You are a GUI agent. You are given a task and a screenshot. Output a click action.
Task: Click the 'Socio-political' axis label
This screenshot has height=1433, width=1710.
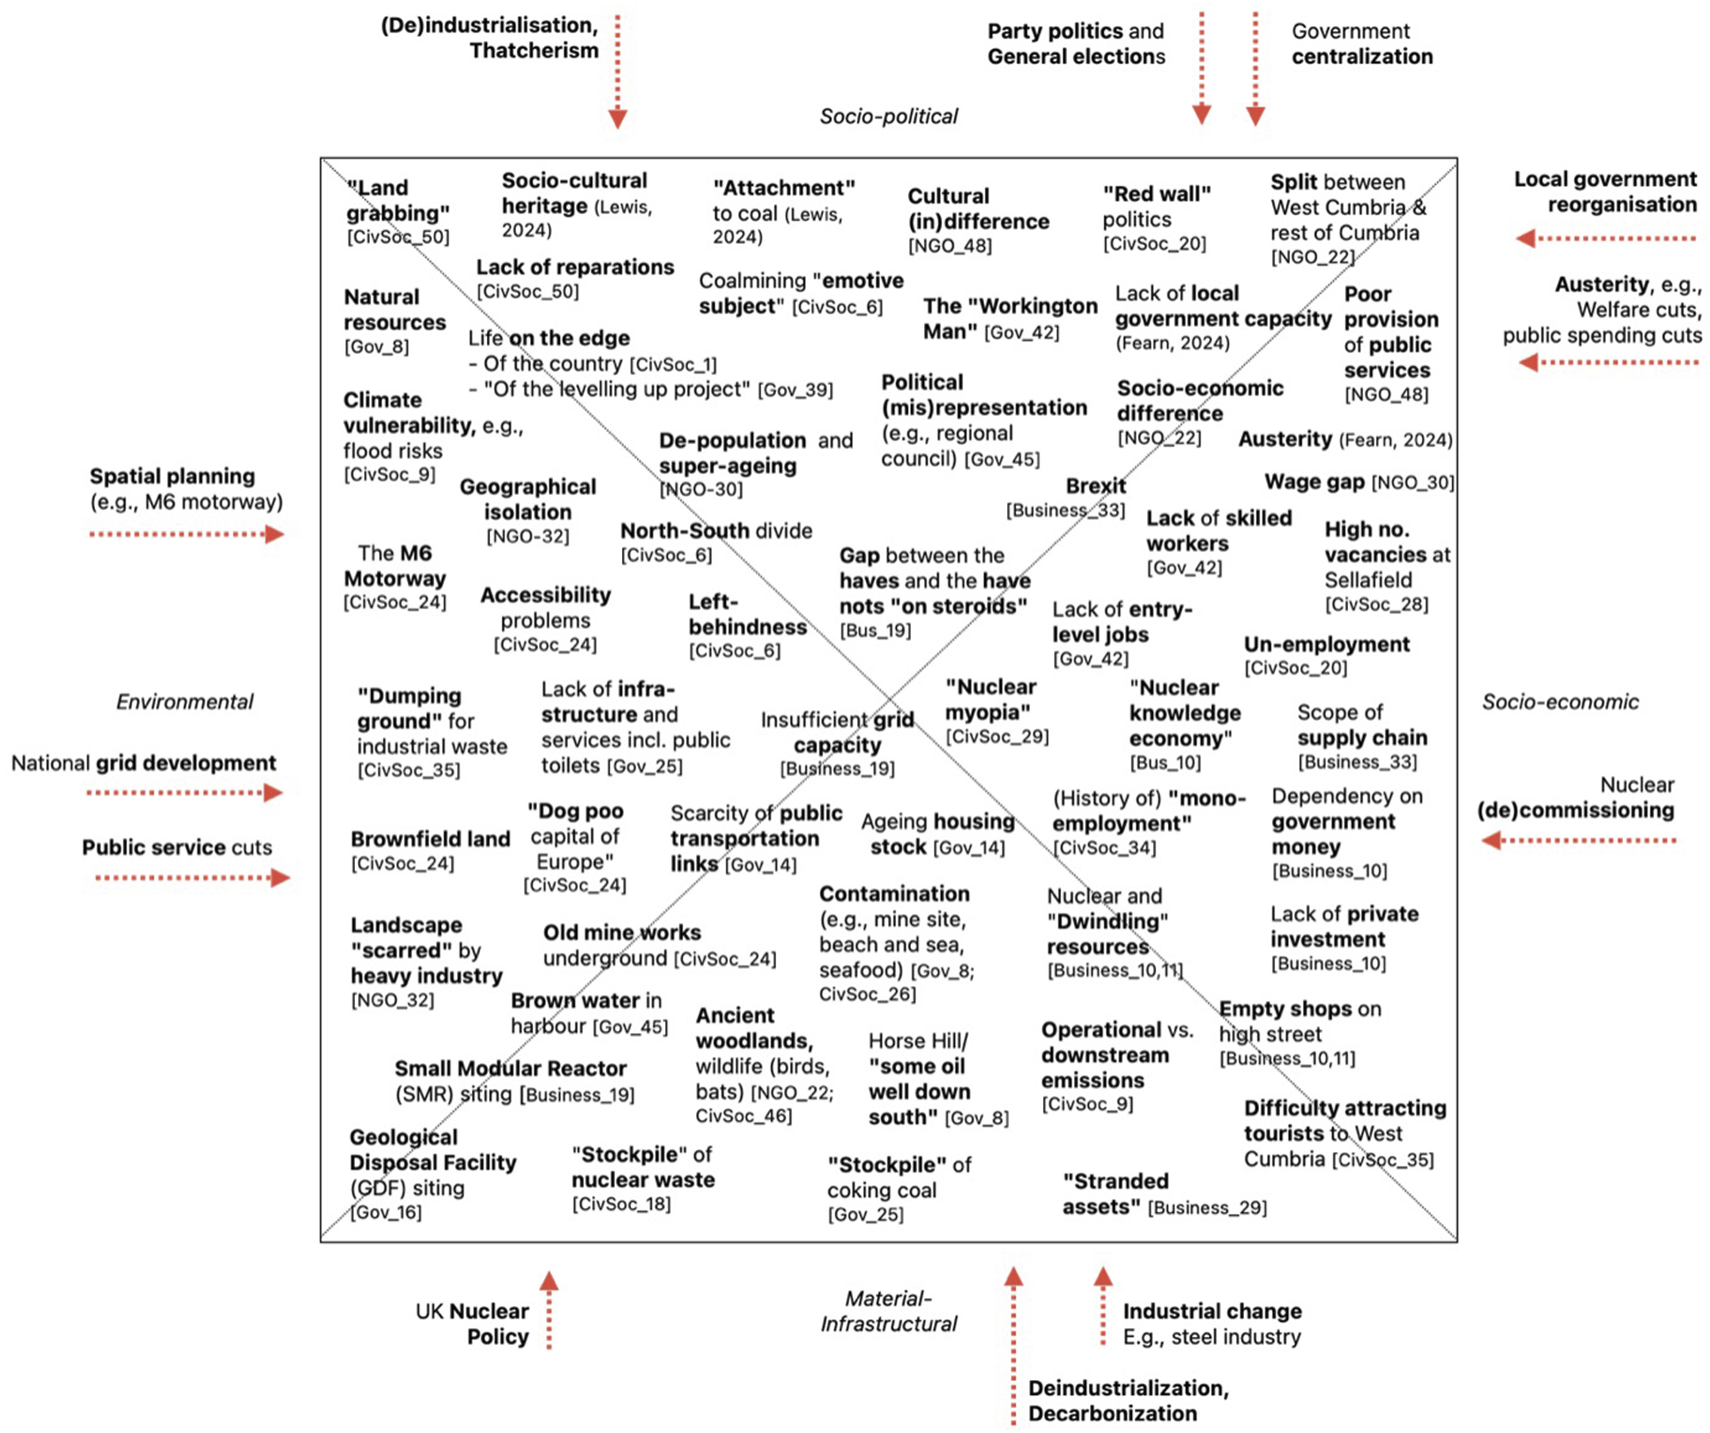tap(888, 117)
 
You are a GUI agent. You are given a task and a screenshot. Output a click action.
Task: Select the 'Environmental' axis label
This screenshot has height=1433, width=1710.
tap(184, 702)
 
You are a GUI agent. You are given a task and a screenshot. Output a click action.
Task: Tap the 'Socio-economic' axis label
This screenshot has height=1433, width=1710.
tap(1559, 702)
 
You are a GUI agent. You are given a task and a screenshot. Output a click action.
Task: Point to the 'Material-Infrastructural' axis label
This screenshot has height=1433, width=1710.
tap(888, 1311)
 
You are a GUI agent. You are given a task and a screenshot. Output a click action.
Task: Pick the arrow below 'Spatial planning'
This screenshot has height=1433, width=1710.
tap(187, 535)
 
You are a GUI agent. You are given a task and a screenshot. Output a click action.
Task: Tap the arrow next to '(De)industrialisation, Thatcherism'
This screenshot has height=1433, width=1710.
tap(618, 72)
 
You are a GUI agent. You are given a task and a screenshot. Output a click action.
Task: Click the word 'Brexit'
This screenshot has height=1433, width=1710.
tap(1095, 486)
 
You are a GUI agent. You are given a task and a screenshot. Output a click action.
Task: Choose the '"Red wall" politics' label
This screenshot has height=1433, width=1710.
tap(1156, 207)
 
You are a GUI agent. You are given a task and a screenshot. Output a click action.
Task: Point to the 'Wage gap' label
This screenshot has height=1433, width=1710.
tap(1314, 481)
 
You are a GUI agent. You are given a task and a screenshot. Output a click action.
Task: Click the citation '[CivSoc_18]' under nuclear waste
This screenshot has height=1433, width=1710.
tap(621, 1204)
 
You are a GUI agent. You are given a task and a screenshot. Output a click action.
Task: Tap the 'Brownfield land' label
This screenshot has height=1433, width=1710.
tap(430, 839)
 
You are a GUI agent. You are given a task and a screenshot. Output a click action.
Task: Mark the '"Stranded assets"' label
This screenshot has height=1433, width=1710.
tap(1116, 1194)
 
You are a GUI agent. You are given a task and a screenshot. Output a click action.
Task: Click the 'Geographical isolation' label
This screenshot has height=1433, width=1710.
tap(528, 499)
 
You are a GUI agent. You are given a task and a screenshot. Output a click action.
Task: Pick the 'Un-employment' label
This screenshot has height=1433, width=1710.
tap(1327, 644)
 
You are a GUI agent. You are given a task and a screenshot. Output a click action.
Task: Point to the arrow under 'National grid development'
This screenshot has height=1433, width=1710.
tap(185, 792)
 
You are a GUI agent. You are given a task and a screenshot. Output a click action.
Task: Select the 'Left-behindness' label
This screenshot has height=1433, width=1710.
tap(747, 614)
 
